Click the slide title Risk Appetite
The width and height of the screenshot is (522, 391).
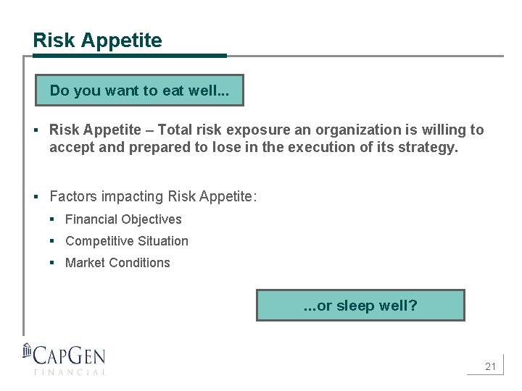coord(97,41)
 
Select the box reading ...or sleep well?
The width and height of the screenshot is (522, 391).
coord(360,306)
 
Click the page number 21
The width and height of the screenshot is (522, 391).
coord(490,366)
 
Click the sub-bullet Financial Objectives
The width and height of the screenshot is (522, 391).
coord(123,219)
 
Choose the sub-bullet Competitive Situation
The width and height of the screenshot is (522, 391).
coord(126,241)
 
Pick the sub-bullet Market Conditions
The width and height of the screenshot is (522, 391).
coord(117,263)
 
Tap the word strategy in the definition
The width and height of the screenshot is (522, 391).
coord(428,148)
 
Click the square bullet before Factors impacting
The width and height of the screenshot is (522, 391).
coord(36,196)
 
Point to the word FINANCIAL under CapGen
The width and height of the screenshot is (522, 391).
coord(70,372)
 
